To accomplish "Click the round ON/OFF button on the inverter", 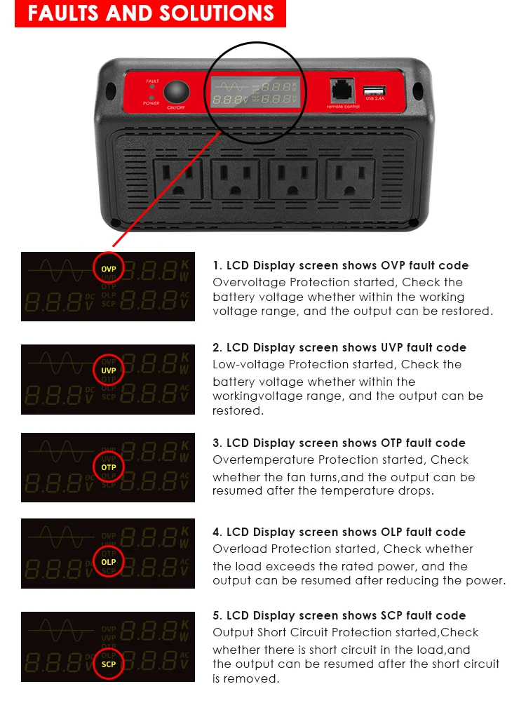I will [177, 92].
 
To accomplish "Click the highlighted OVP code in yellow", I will [108, 269].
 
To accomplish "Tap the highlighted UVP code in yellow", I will [108, 370].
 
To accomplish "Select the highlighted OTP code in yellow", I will [108, 467].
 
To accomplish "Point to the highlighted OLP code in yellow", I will [108, 562].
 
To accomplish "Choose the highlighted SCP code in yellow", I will [108, 664].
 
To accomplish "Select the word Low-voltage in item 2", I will [245, 364].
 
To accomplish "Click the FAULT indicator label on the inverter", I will [152, 81].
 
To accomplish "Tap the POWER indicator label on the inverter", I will [151, 103].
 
